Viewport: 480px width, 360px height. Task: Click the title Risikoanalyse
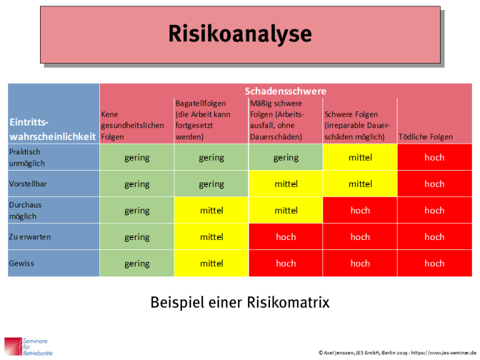click(239, 34)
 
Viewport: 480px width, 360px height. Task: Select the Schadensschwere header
click(286, 91)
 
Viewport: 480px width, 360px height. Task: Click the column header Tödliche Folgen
click(426, 137)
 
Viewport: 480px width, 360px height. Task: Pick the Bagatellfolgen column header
click(202, 120)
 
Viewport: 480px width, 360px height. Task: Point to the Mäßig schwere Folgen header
click(277, 120)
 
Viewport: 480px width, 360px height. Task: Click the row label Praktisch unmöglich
click(27, 157)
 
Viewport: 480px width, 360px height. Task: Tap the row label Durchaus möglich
click(26, 211)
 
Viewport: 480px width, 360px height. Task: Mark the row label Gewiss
click(21, 263)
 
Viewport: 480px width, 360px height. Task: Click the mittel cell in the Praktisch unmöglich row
click(360, 157)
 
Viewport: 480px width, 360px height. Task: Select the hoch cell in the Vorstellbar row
click(434, 184)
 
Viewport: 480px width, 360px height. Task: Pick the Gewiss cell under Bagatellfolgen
click(211, 263)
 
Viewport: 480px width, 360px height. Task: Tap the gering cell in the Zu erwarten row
click(137, 237)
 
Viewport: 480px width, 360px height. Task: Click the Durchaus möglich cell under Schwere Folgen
click(360, 211)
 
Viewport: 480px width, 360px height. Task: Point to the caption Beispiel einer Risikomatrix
click(239, 302)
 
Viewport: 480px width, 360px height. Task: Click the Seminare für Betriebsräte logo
click(29, 346)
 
